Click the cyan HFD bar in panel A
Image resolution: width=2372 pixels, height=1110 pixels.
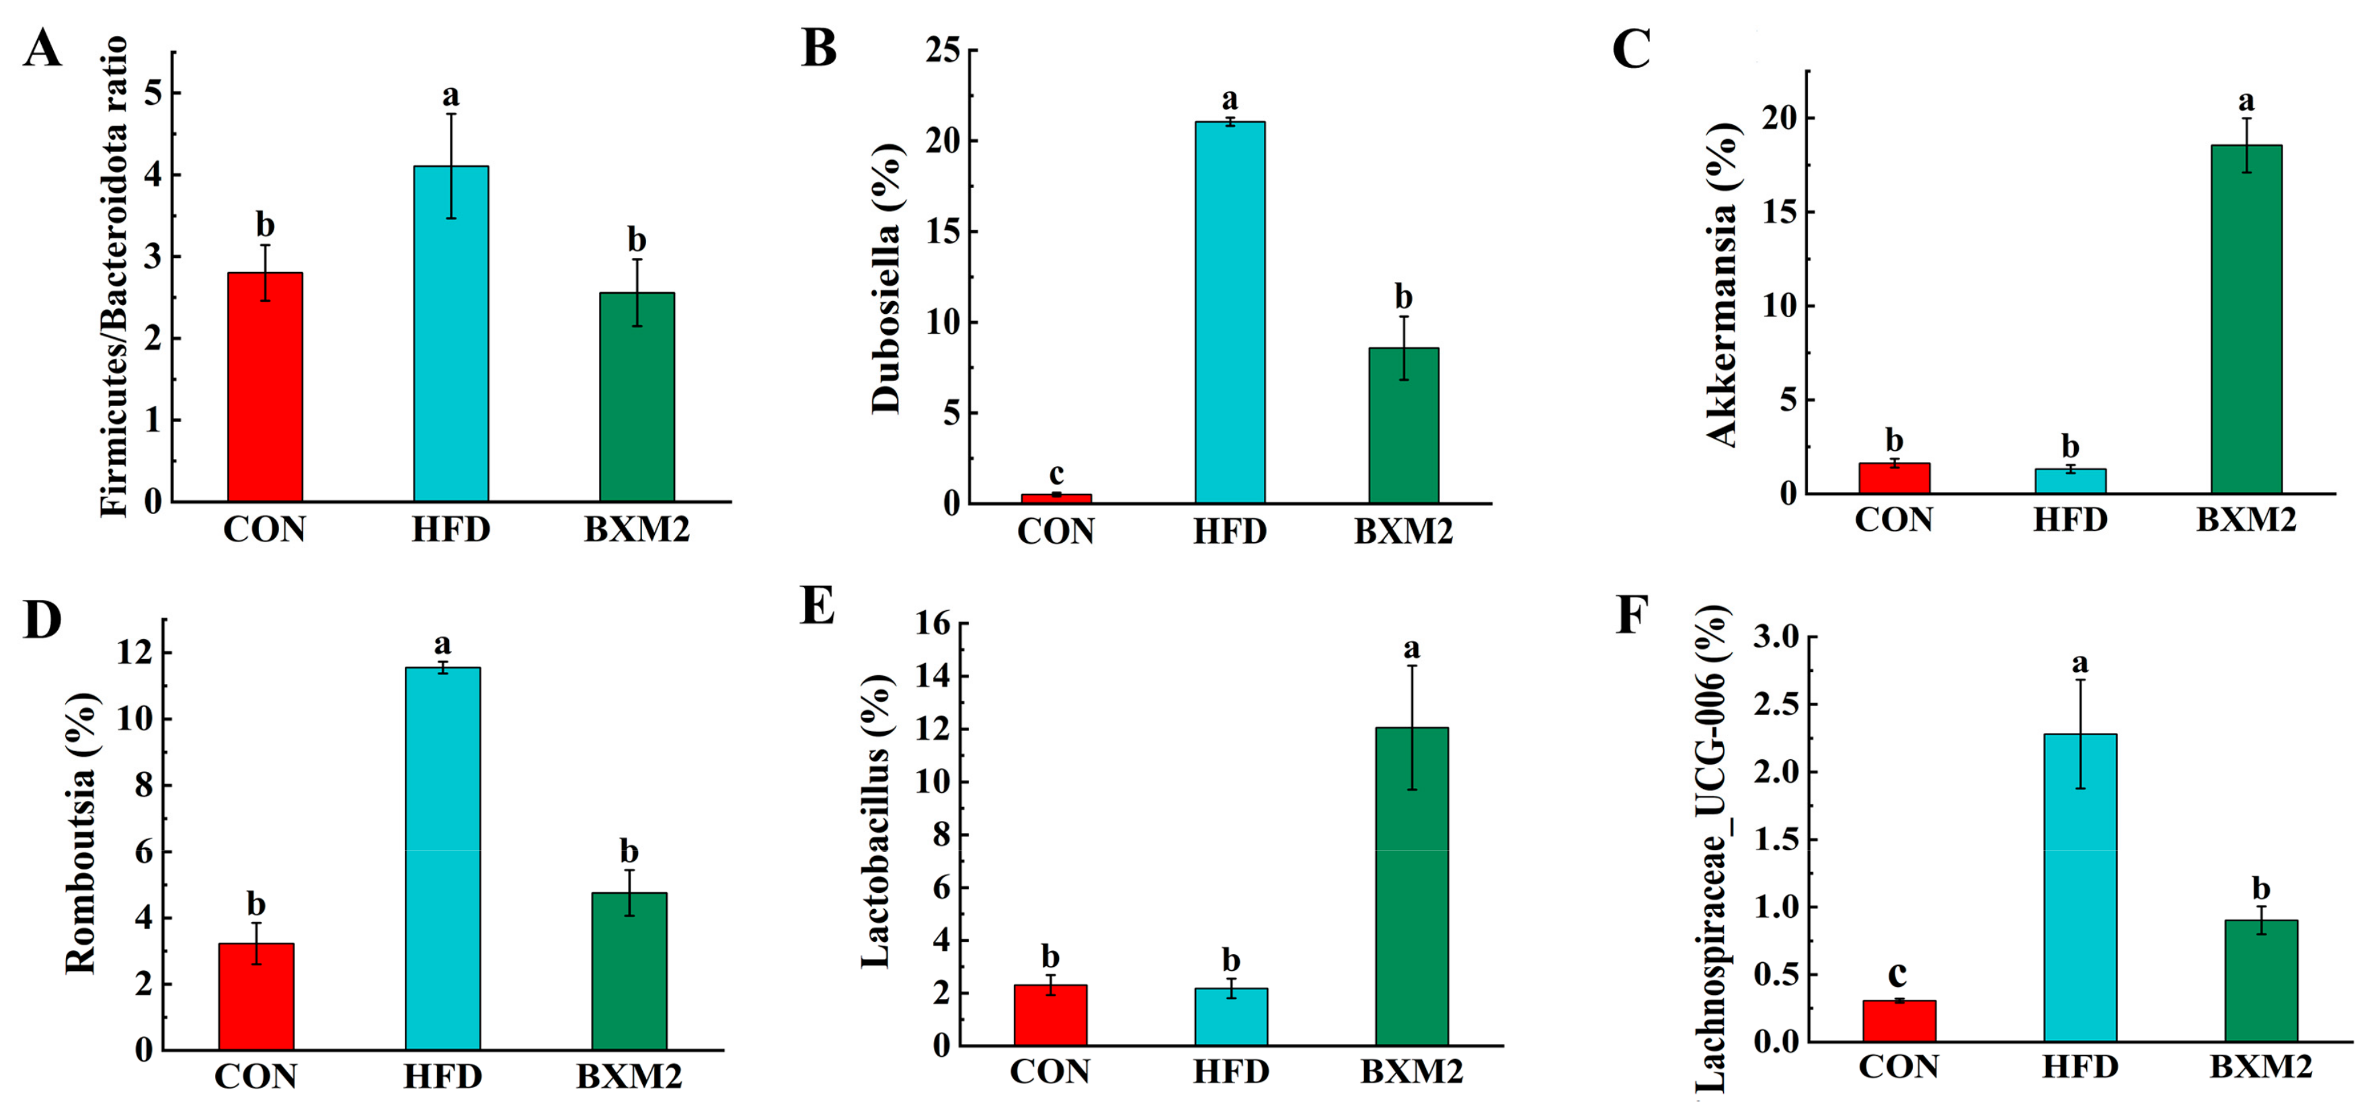coord(450,333)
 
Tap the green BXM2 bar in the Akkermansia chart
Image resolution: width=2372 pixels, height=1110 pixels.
coord(2246,318)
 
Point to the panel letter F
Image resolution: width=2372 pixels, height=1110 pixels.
coord(1631,615)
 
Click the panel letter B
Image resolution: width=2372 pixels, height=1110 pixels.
coord(819,48)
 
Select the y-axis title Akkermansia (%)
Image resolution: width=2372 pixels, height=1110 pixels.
coord(1722,286)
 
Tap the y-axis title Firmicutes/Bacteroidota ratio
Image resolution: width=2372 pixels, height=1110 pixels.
coord(115,276)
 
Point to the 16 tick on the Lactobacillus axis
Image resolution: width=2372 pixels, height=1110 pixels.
coord(932,624)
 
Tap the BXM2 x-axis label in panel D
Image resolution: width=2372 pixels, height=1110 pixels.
coord(629,1076)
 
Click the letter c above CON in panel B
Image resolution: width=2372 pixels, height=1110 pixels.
coord(1056,473)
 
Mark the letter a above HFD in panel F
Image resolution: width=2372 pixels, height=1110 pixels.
coord(2079,663)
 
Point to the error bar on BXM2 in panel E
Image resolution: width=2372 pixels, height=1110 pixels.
coord(1412,727)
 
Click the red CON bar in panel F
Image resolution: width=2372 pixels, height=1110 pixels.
coord(1899,1021)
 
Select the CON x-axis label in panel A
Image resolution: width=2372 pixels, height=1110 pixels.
coord(264,529)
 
